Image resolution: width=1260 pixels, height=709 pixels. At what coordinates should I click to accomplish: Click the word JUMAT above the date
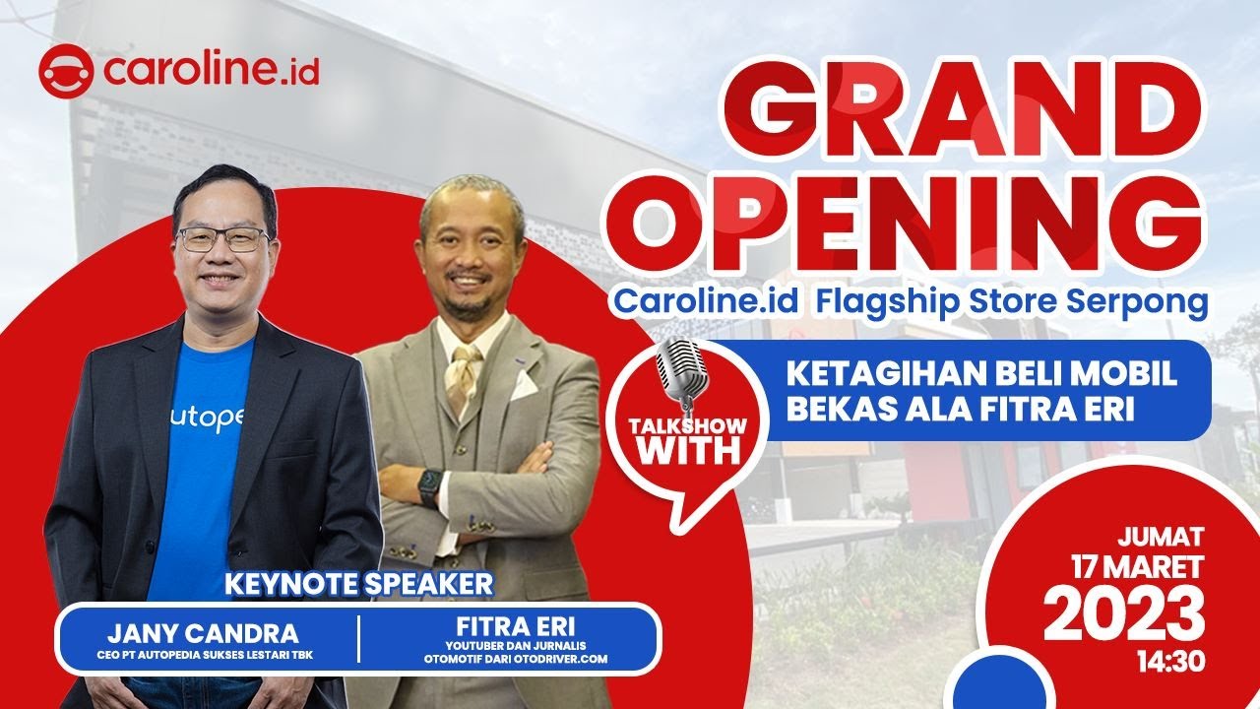coord(1161,538)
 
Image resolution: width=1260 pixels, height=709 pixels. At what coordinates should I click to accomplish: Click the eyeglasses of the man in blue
coord(223,239)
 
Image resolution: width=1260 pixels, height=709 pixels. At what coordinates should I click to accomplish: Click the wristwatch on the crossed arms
coord(430,486)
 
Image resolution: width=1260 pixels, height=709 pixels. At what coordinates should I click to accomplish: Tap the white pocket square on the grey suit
coord(523,385)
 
